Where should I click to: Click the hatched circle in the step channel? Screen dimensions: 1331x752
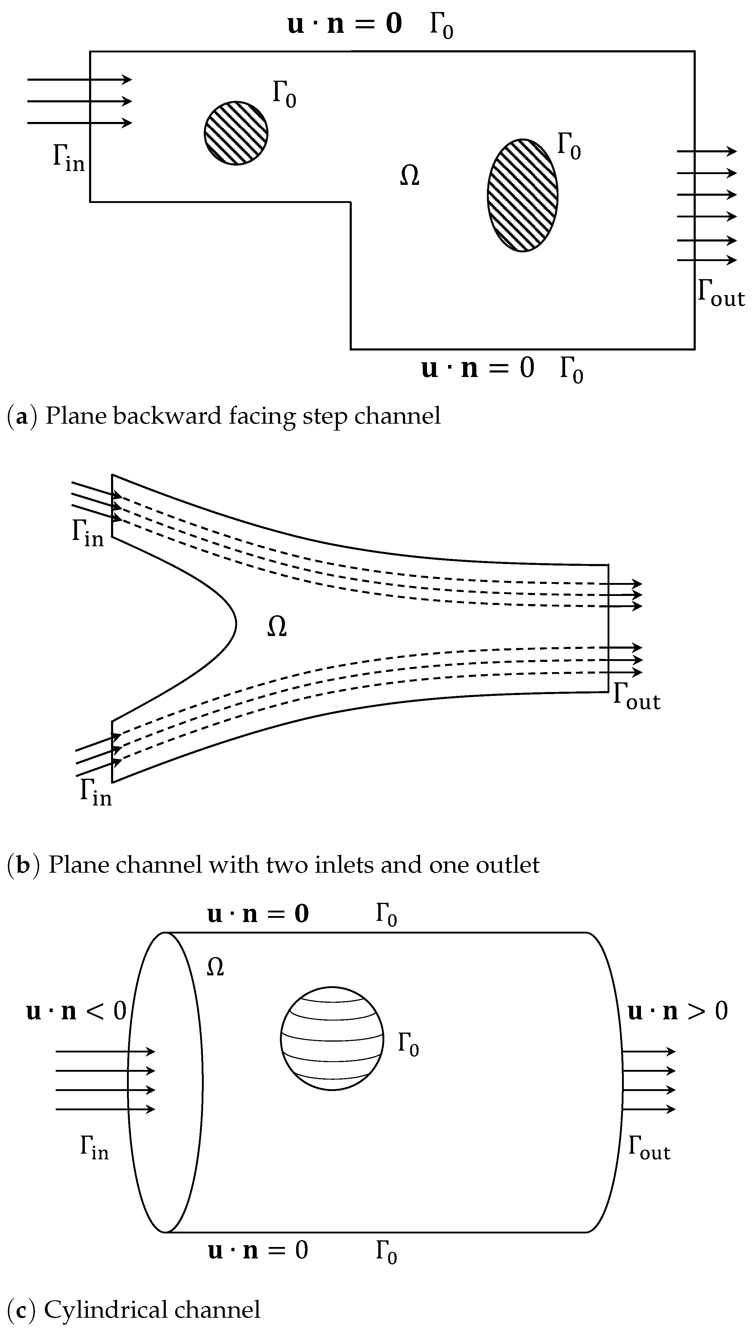[x=236, y=133]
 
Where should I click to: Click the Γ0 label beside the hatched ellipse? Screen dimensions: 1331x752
[x=569, y=147]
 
